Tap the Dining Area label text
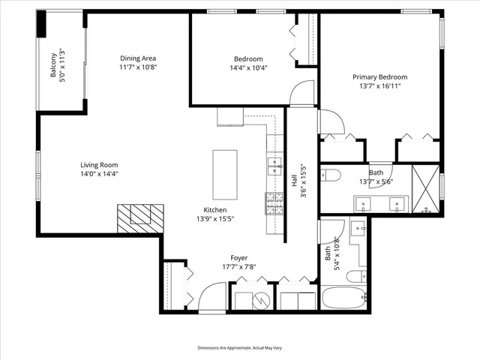point(138,58)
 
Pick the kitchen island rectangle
point(224,171)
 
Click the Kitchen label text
point(215,210)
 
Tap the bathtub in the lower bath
point(346,299)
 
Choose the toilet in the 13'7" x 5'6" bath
point(331,176)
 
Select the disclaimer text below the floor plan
point(239,349)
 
